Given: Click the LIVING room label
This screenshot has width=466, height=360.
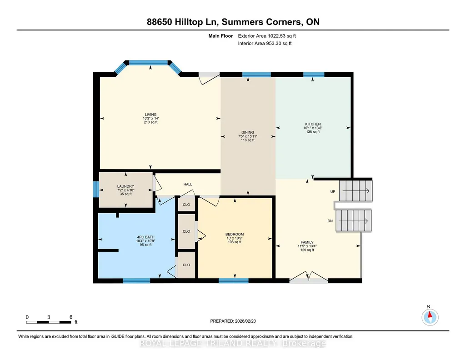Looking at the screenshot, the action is (x=150, y=115).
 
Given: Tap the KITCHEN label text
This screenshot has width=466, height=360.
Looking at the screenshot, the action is (x=313, y=124).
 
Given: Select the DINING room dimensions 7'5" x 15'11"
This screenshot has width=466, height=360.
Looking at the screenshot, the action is (x=248, y=136).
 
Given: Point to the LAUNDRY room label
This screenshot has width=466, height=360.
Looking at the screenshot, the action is (x=125, y=186).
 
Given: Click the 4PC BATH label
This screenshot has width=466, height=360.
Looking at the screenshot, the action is (x=145, y=237).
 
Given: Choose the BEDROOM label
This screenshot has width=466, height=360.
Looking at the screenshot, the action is (x=235, y=235).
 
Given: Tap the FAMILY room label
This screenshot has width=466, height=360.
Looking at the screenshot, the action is (x=307, y=242).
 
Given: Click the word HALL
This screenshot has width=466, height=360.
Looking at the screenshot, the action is (x=188, y=185).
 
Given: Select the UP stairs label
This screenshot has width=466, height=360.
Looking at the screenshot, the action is (x=333, y=191).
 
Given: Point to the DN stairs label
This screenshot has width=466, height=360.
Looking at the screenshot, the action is (x=330, y=221).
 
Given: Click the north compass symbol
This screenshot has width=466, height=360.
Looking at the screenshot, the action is (x=430, y=317).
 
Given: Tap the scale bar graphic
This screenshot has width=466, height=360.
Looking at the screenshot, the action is (x=49, y=322).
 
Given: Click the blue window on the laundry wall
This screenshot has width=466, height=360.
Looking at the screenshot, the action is (x=96, y=189).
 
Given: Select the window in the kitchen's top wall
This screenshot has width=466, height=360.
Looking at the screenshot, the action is (x=314, y=75).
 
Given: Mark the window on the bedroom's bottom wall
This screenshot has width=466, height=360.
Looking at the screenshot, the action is (x=234, y=281).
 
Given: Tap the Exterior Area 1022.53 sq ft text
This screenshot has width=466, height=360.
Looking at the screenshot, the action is (x=267, y=36).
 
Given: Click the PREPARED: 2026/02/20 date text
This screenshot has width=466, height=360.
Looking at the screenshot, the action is (x=233, y=321).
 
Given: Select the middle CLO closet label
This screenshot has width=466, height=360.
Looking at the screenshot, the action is (x=186, y=231).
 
